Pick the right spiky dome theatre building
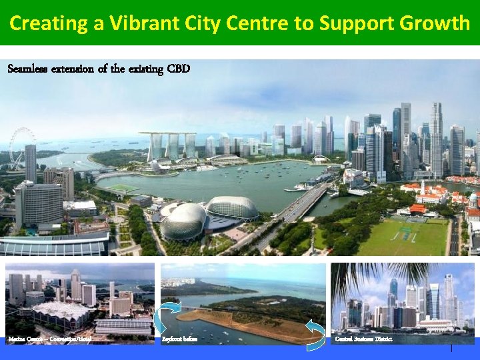pos(232,209)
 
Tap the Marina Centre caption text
pos(49,339)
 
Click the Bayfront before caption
pos(179,339)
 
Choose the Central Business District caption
pos(364,339)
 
